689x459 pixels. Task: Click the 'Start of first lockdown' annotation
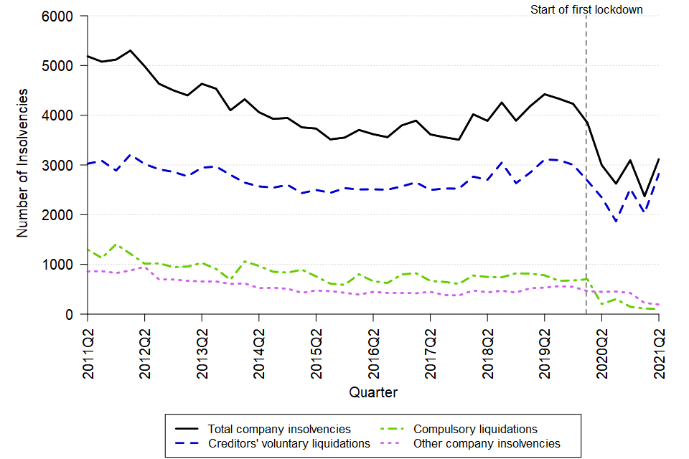586,9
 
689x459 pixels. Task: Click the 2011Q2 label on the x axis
88,344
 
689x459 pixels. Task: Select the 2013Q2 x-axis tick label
202,344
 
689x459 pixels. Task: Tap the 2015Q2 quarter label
316,344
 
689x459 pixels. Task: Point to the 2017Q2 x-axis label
430,344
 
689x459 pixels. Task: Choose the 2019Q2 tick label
544,344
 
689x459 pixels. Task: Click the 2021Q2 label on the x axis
659,344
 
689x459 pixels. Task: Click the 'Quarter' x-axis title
373,392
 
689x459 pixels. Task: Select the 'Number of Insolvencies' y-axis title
23,164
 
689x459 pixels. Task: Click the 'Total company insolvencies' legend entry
279,429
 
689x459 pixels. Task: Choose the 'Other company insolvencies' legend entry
487,443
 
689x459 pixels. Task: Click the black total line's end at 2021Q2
659,159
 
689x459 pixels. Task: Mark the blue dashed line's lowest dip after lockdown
616,222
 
